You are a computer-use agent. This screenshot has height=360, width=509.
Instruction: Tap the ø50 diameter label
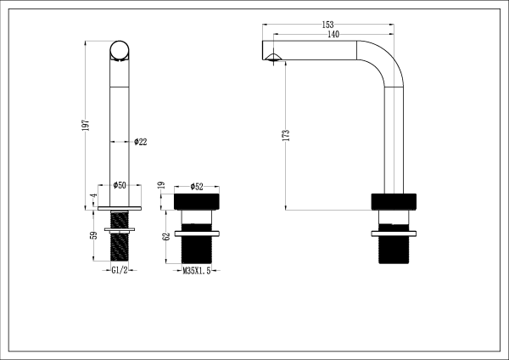pos(120,185)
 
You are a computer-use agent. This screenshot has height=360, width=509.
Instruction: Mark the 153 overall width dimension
pos(327,25)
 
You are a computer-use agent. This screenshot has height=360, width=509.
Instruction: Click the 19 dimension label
pos(162,185)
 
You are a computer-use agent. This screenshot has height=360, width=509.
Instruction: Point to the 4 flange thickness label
pos(93,197)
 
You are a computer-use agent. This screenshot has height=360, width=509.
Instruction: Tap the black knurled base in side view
pos(394,202)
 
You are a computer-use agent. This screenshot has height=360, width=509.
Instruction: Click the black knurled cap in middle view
pos(197,202)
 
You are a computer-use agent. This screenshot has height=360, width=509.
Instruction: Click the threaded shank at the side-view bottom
pos(394,251)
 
